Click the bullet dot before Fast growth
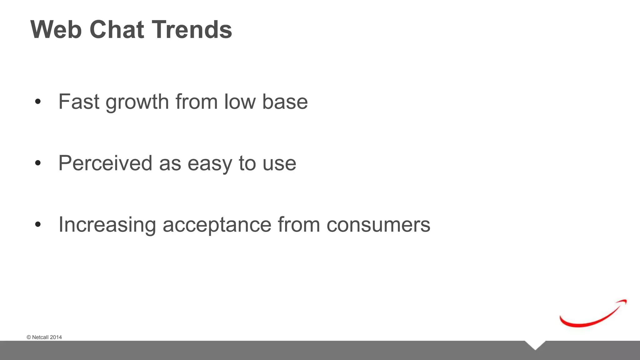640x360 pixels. [x=38, y=102]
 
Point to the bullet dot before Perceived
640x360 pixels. [x=38, y=163]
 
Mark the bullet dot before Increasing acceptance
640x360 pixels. [x=38, y=224]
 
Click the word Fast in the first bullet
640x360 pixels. [x=79, y=102]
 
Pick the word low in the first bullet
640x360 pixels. [x=240, y=102]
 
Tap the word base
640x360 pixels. [x=285, y=102]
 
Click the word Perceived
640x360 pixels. [x=105, y=163]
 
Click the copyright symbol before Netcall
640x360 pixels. [x=29, y=337]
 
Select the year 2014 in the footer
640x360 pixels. [x=56, y=337]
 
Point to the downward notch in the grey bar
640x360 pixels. [x=535, y=345]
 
